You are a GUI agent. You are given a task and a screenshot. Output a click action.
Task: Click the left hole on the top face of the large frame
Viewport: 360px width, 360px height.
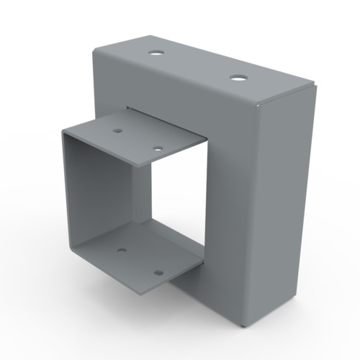click(156, 53)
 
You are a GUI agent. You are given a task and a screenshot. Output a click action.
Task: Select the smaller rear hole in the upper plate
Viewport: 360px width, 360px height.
click(117, 131)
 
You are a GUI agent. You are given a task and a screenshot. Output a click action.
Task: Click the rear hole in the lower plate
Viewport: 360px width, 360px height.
click(121, 251)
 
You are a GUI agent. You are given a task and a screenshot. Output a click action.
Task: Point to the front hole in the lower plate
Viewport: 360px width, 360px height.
click(158, 274)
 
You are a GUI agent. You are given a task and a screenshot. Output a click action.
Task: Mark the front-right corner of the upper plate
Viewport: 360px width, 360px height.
click(207, 139)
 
